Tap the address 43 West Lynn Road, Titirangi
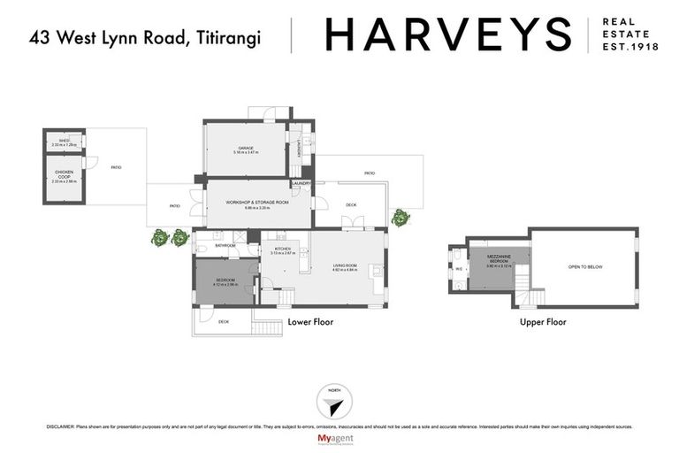pyautogui.click(x=147, y=38)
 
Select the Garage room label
pyautogui.click(x=246, y=150)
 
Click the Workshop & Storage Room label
pyautogui.click(x=257, y=204)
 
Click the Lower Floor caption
pyautogui.click(x=310, y=322)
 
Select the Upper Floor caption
pyautogui.click(x=543, y=322)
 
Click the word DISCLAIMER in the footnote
pyautogui.click(x=60, y=426)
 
